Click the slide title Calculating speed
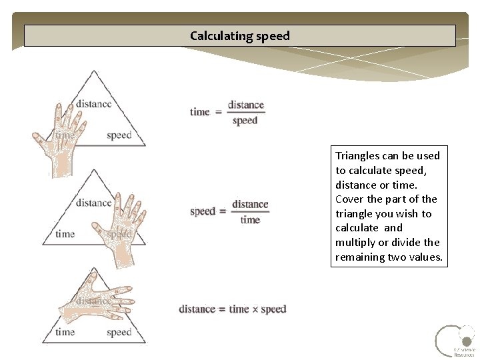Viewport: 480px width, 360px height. click(x=240, y=36)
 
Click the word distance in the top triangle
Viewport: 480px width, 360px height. click(x=93, y=103)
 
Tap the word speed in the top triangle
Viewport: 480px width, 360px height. click(x=119, y=135)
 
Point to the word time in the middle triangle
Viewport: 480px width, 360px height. click(x=65, y=234)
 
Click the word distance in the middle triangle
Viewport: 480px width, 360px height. click(x=93, y=203)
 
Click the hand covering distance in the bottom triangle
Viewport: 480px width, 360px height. click(x=97, y=303)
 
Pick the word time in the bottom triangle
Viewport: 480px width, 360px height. click(x=65, y=332)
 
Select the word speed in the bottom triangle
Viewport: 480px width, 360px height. click(x=119, y=332)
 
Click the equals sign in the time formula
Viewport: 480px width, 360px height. click(x=218, y=112)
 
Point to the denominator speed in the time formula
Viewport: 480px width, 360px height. click(x=245, y=121)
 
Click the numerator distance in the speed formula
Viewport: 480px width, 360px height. click(x=250, y=204)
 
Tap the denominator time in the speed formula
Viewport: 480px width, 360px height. click(x=250, y=220)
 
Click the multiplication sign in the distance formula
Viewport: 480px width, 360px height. click(x=255, y=309)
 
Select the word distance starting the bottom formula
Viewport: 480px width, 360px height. click(x=197, y=309)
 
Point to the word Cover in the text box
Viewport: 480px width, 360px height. click(x=349, y=199)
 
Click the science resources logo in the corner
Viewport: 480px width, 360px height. click(x=455, y=341)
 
